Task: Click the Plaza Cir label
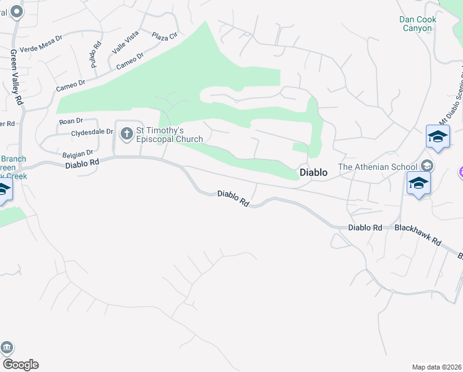(x=164, y=37)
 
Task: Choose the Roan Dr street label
(x=71, y=122)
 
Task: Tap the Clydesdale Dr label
(x=92, y=132)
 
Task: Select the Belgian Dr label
(x=77, y=153)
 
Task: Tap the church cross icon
(x=126, y=133)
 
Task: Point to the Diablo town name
(x=313, y=173)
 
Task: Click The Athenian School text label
(x=378, y=166)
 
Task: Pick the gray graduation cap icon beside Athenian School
(x=426, y=166)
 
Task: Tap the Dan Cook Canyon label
(x=418, y=24)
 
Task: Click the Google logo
(x=20, y=365)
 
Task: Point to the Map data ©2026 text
(x=436, y=367)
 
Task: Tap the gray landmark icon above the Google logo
(x=7, y=347)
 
